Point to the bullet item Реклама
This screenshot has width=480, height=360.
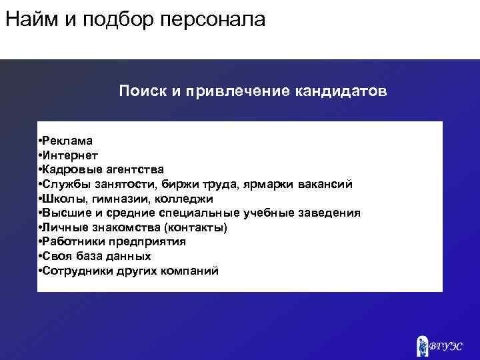pyautogui.click(x=67, y=141)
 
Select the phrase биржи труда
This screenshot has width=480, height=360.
pyautogui.click(x=200, y=185)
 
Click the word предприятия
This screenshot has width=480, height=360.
pyautogui.click(x=150, y=242)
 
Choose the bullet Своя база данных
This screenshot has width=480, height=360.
pyautogui.click(x=96, y=257)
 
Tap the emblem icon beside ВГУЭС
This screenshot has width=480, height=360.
pyautogui.click(x=423, y=345)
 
